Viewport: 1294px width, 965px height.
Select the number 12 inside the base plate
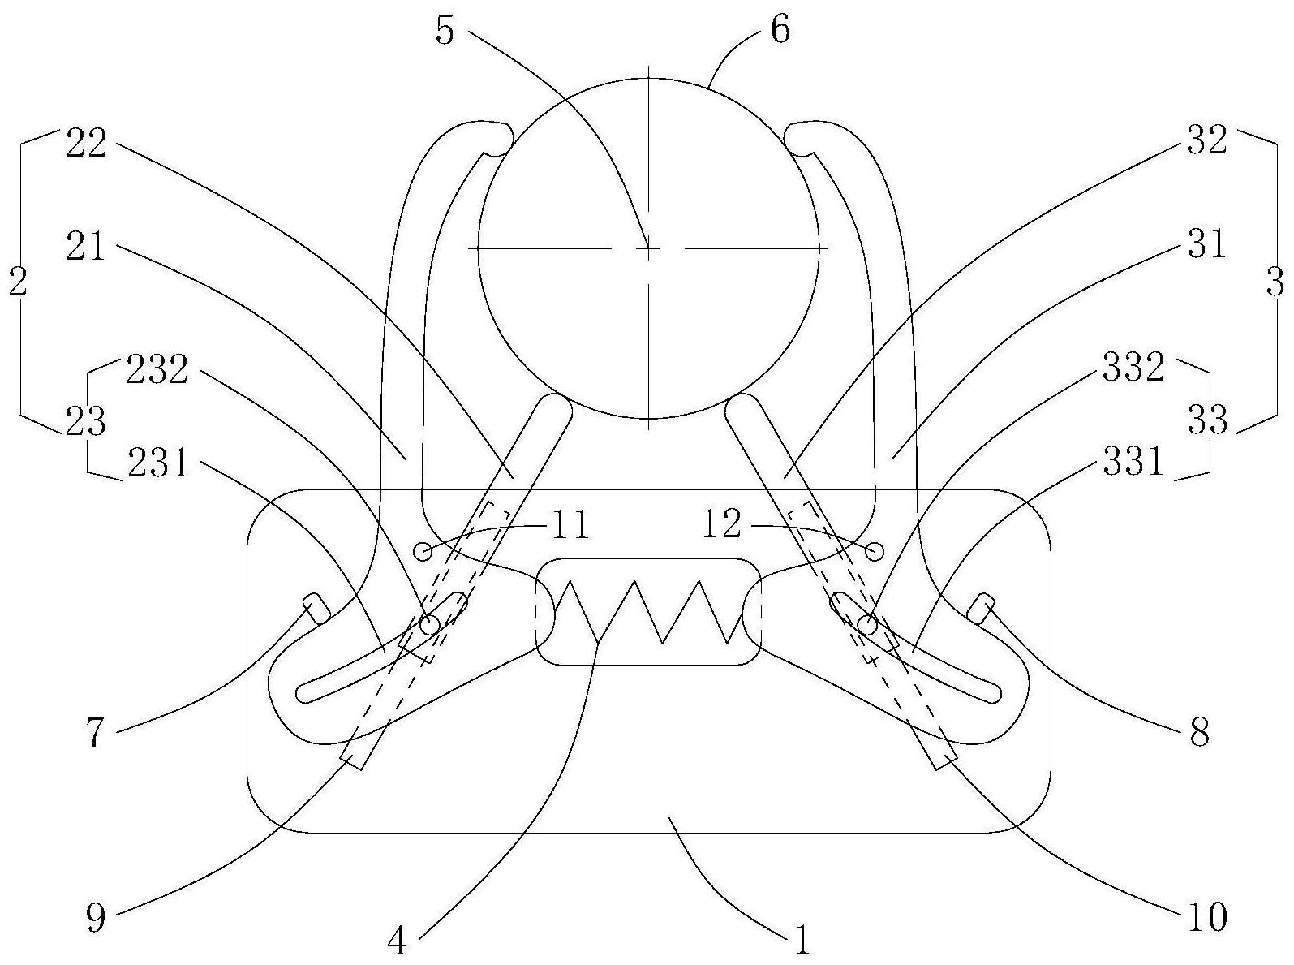coord(722,524)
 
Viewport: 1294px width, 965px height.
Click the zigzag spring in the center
coord(648,611)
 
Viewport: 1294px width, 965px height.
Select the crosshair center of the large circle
coord(648,247)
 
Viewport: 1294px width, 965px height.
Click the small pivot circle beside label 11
coord(423,551)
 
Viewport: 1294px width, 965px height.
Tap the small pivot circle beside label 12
coord(875,551)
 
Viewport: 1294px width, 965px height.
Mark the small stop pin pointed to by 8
coord(982,606)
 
